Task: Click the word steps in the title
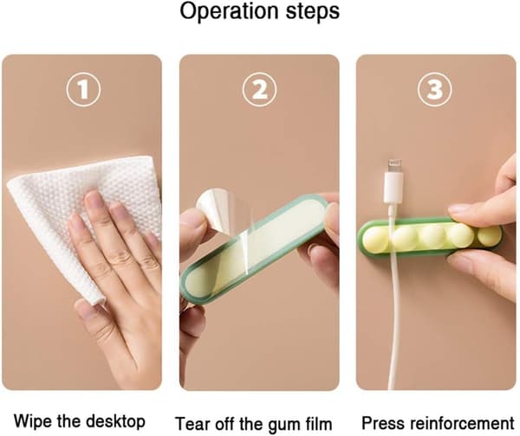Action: pos(313,12)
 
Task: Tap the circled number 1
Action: pos(83,89)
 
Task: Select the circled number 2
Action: pos(259,89)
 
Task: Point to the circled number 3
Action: pos(434,89)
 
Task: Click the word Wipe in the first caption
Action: pos(32,421)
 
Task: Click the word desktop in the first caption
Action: pos(115,422)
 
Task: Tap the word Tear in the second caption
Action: pos(192,424)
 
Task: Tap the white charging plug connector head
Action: pos(394,186)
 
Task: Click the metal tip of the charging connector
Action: pos(394,165)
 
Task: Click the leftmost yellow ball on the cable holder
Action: pos(377,237)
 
